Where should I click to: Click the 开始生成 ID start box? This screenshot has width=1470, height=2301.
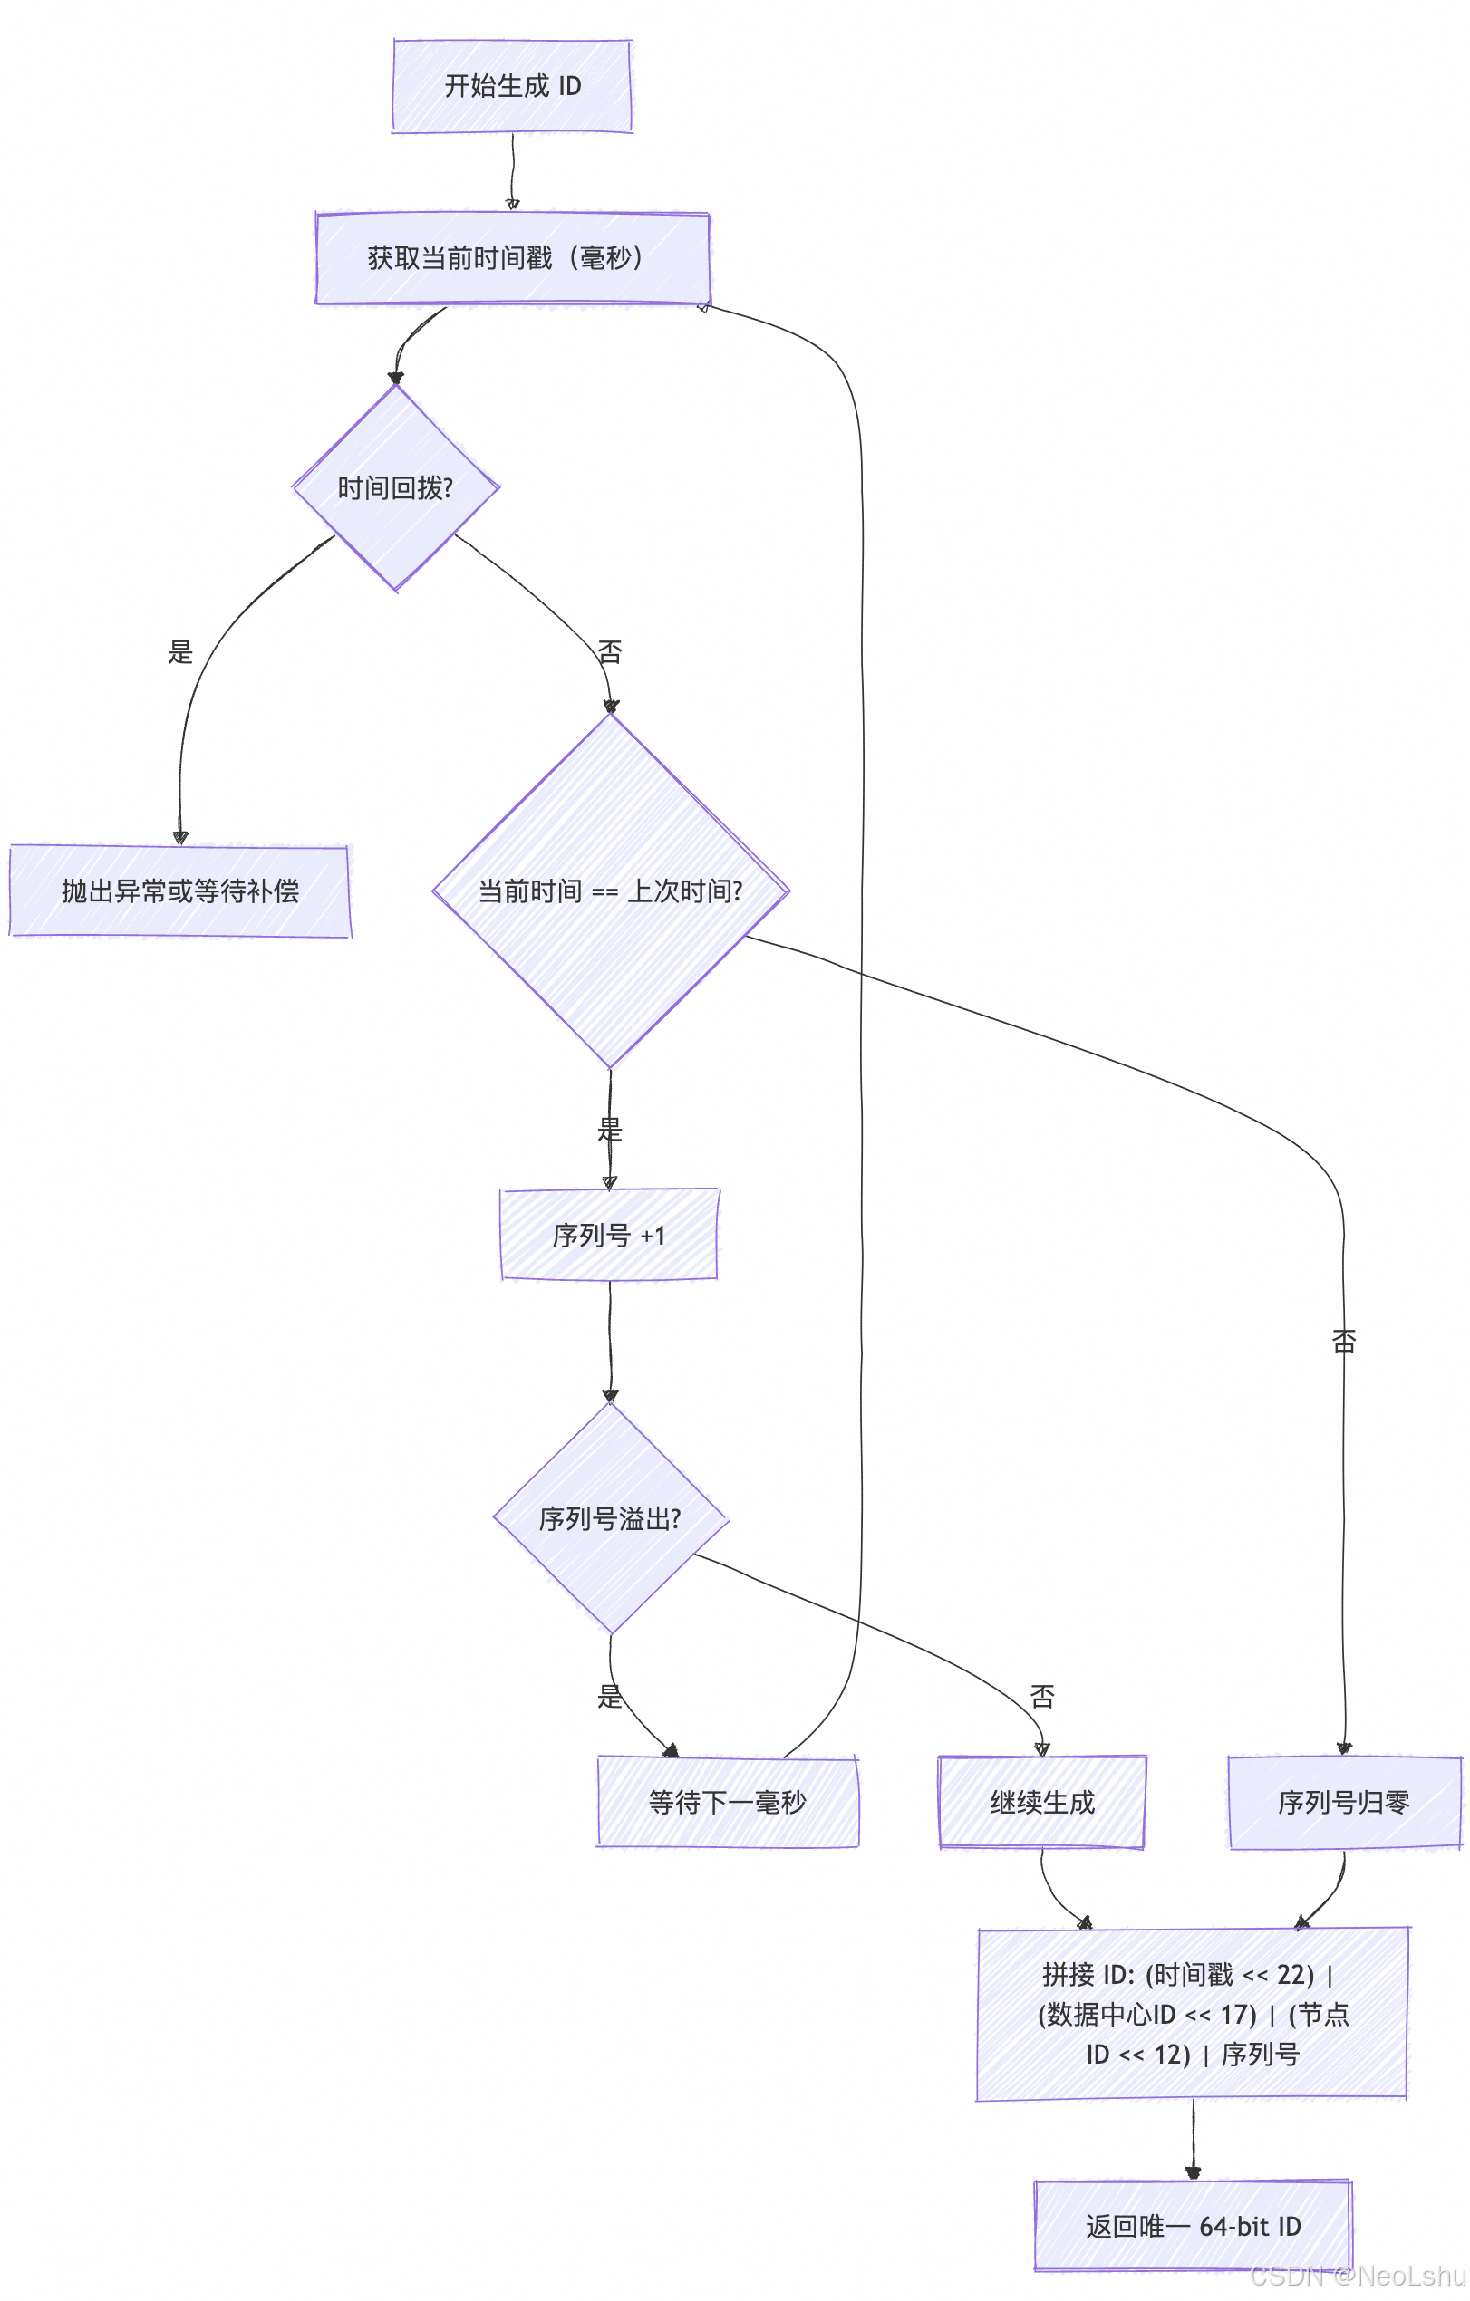(512, 86)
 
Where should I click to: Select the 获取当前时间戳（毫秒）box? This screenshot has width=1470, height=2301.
(512, 258)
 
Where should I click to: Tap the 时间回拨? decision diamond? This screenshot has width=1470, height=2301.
(396, 488)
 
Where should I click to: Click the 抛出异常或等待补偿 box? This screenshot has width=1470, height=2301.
(179, 891)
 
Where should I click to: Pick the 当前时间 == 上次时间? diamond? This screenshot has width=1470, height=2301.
(610, 891)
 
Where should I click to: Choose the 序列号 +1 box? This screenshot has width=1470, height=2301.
(609, 1235)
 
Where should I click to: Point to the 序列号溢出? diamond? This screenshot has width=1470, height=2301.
(610, 1518)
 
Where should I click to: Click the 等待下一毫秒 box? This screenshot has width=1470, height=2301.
(728, 1801)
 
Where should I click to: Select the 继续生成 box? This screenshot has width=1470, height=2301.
(1042, 1801)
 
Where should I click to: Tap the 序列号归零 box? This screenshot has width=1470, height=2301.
(1344, 1801)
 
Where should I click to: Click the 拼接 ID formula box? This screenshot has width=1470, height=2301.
(1192, 2015)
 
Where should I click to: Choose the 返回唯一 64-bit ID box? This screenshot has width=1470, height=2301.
(1193, 2227)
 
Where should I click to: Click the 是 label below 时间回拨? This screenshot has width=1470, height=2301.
(179, 652)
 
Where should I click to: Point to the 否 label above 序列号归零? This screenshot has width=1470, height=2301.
(1344, 1342)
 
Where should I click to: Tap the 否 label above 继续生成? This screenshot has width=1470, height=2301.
(1042, 1696)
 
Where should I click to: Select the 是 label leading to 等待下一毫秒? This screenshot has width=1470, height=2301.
(610, 1696)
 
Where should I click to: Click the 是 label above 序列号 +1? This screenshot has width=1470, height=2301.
(610, 1130)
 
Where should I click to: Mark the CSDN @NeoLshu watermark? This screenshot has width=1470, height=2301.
(1358, 2276)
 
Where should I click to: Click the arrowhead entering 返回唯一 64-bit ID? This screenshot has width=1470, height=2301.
(1193, 2173)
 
